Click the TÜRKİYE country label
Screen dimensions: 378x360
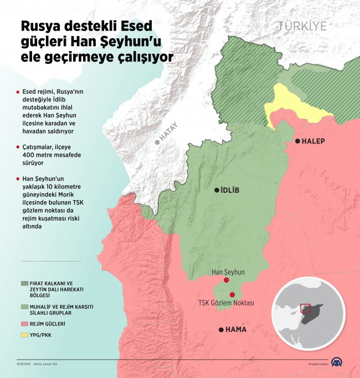(303, 26)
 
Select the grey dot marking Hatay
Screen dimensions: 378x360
(158, 142)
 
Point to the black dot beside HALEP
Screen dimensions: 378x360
(297, 141)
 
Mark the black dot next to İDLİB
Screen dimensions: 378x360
(217, 191)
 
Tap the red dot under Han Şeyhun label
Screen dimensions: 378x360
(226, 280)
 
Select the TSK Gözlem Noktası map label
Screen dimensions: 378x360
(226, 303)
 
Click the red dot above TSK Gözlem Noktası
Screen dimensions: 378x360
(233, 294)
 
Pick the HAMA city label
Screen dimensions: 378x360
(236, 330)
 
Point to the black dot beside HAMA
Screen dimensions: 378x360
(222, 330)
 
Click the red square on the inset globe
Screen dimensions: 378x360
(305, 309)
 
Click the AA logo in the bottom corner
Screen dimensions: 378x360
(337, 363)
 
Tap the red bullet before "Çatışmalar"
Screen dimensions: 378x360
(18, 148)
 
